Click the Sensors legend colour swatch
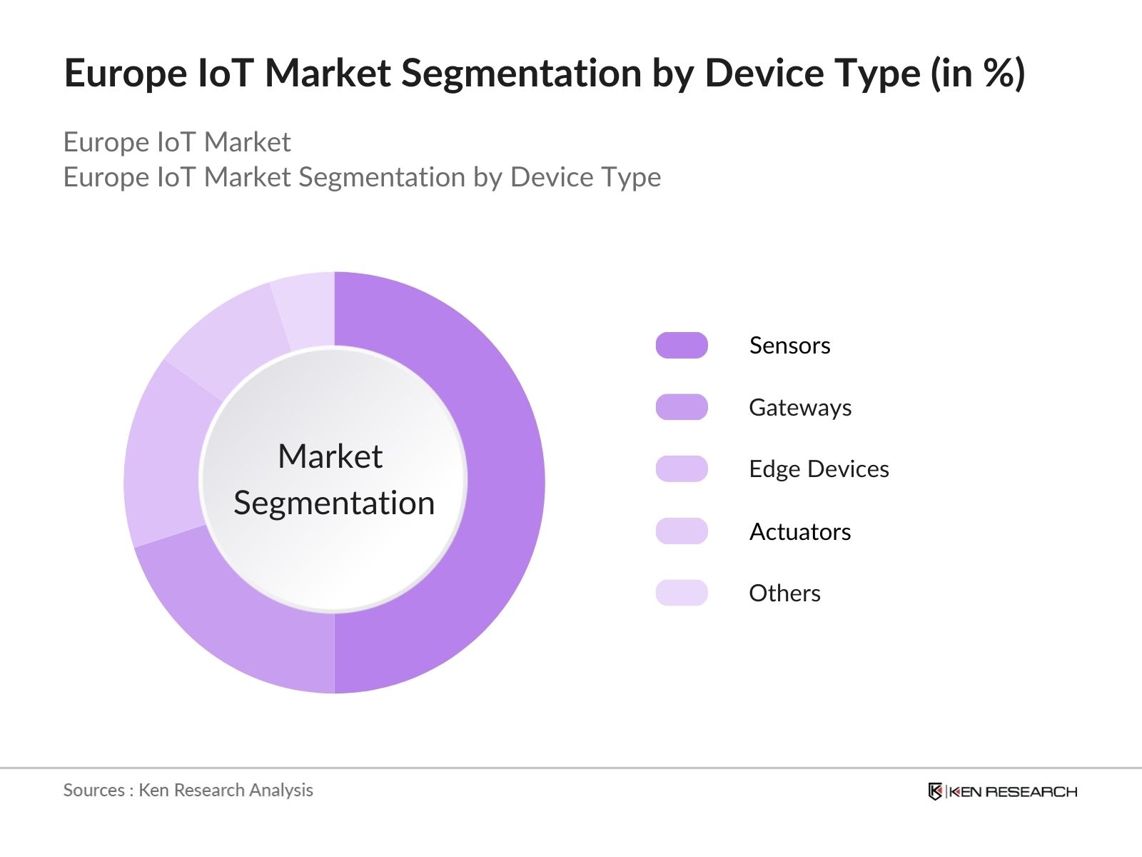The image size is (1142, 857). tap(682, 345)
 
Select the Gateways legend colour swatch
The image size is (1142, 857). tap(682, 407)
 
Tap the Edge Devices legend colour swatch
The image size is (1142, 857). tap(682, 469)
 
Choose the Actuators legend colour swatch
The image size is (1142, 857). tap(682, 531)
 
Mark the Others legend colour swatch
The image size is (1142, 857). tap(682, 593)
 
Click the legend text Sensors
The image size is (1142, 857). tap(789, 346)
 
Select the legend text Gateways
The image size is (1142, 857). tap(799, 408)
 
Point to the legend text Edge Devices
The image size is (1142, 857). tap(819, 469)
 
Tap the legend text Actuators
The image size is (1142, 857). tap(799, 532)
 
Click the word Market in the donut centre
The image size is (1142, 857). tap(330, 456)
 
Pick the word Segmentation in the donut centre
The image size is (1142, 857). tap(334, 503)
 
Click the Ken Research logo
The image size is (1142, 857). tap(1002, 791)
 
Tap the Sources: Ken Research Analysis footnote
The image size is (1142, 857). tap(188, 790)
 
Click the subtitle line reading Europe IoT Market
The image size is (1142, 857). tap(177, 142)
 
